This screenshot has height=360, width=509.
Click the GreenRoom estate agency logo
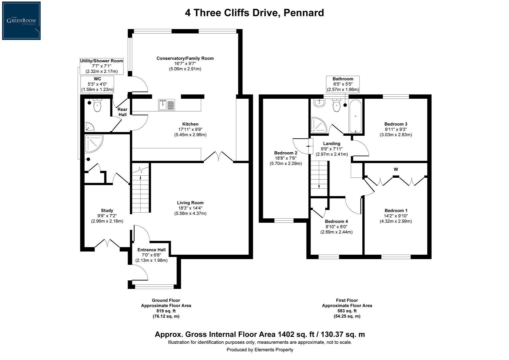tap(21, 21)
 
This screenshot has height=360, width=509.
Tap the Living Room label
tap(190, 203)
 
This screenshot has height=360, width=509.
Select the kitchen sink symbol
tap(166, 104)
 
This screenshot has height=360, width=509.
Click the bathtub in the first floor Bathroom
tap(356, 116)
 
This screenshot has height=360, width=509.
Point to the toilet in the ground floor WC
tap(97, 106)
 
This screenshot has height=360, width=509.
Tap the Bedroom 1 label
tap(396, 210)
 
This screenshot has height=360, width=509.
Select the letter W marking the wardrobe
tap(396, 169)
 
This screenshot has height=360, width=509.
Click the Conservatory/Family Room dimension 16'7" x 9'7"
tap(185, 64)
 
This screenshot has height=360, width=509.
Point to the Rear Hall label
tap(122, 112)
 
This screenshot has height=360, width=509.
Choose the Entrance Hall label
tap(152, 250)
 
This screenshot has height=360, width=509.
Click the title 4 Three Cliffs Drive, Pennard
tap(254, 13)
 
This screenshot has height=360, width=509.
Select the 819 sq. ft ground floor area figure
tap(166, 311)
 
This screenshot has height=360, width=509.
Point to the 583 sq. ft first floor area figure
tap(347, 311)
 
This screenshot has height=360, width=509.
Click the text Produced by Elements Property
tap(260, 350)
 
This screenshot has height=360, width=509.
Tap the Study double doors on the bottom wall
tap(107, 243)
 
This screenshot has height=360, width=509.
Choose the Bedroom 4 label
tap(336, 221)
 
